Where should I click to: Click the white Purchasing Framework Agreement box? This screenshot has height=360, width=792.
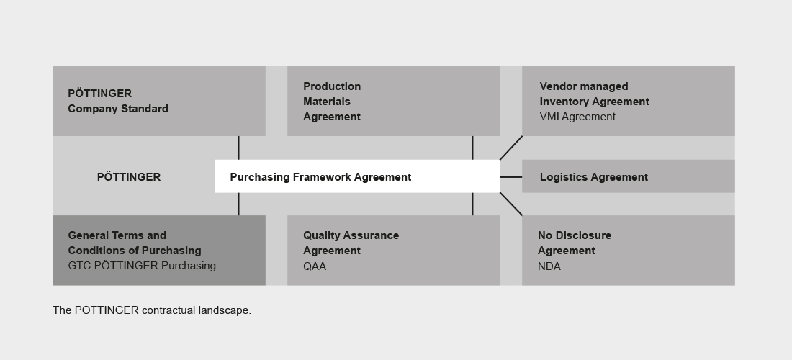(357, 176)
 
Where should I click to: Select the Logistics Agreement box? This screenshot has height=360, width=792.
(629, 176)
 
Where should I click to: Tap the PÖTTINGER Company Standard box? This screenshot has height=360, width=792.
(159, 101)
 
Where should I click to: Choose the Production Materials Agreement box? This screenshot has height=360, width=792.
(393, 101)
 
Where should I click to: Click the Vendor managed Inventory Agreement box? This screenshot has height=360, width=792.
(629, 101)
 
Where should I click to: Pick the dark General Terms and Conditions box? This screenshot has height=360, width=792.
(159, 251)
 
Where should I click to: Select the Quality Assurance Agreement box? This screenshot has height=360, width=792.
(393, 251)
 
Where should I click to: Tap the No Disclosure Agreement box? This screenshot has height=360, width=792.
(629, 251)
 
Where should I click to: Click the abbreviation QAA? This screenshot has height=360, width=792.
(315, 266)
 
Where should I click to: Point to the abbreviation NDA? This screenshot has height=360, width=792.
(549, 266)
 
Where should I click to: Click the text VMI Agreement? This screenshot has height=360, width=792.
(577, 117)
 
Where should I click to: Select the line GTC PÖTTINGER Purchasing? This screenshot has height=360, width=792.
(142, 266)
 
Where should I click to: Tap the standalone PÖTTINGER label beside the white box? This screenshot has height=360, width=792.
(129, 176)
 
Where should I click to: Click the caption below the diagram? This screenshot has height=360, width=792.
(152, 310)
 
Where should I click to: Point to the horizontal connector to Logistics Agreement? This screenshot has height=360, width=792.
(511, 177)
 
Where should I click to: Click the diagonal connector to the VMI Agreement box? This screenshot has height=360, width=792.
(511, 148)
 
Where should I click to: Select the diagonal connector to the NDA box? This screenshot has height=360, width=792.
(511, 204)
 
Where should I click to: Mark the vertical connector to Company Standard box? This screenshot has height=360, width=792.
(238, 148)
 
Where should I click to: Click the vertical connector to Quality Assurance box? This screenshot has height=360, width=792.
(472, 204)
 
